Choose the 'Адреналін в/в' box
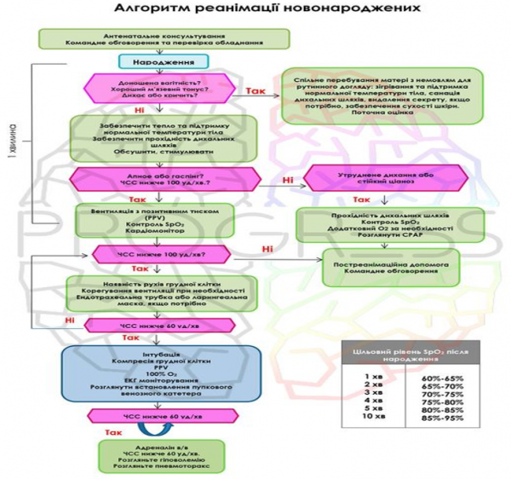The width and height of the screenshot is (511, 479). tap(150, 458)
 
